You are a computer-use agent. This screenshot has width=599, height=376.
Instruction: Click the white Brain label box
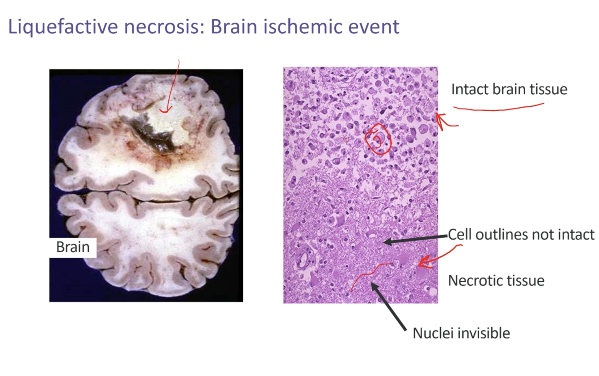pos(73,247)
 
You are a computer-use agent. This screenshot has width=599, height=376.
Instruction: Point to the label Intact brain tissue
pos(509,89)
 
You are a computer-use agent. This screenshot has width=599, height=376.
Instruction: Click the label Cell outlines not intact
pos(521,234)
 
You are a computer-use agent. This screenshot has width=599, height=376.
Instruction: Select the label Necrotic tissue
pos(496,281)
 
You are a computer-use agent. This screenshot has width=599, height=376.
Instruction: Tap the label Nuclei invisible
pos(461,333)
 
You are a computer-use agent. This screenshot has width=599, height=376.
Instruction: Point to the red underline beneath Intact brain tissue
pos(498,107)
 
